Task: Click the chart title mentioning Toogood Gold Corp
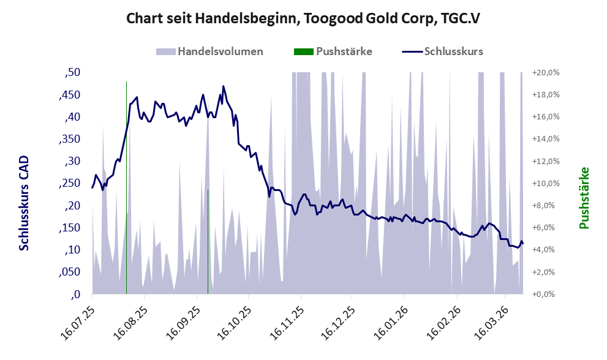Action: pyautogui.click(x=303, y=18)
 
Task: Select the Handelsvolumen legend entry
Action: pyautogui.click(x=210, y=51)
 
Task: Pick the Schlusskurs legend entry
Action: pyautogui.click(x=443, y=51)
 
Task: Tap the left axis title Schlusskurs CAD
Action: pyautogui.click(x=25, y=203)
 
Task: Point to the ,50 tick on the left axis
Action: pyautogui.click(x=73, y=73)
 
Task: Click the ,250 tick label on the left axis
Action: pyautogui.click(x=70, y=183)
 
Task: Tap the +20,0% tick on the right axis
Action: pyautogui.click(x=546, y=73)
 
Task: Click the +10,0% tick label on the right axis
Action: pyautogui.click(x=546, y=183)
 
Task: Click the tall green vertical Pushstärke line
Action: pyautogui.click(x=126, y=184)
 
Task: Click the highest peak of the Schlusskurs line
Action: pyautogui.click(x=224, y=86)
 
